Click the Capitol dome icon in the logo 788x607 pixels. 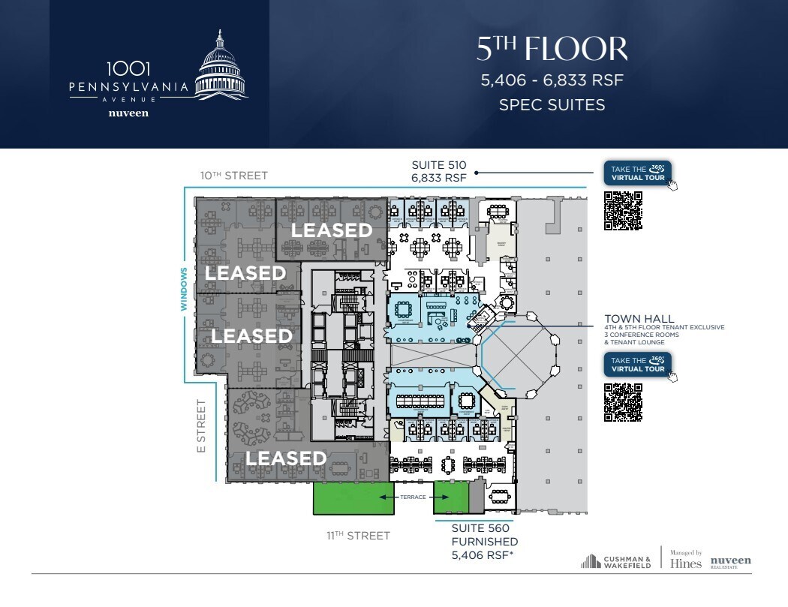(x=221, y=65)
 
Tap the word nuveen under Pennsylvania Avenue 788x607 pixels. (x=128, y=113)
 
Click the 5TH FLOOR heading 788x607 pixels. (x=552, y=49)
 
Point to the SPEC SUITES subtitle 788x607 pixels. (x=552, y=105)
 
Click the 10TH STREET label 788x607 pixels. (x=233, y=176)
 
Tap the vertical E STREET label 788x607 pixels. (x=201, y=425)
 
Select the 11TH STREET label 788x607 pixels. (x=358, y=536)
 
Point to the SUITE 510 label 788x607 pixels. (x=439, y=165)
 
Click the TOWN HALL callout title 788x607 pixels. (x=639, y=319)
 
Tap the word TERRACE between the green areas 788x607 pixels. (x=413, y=497)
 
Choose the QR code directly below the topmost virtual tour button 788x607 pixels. (x=624, y=211)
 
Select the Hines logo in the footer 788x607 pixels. (x=685, y=563)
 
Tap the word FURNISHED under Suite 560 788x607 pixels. (x=484, y=542)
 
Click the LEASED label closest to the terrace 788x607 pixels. (x=286, y=458)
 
